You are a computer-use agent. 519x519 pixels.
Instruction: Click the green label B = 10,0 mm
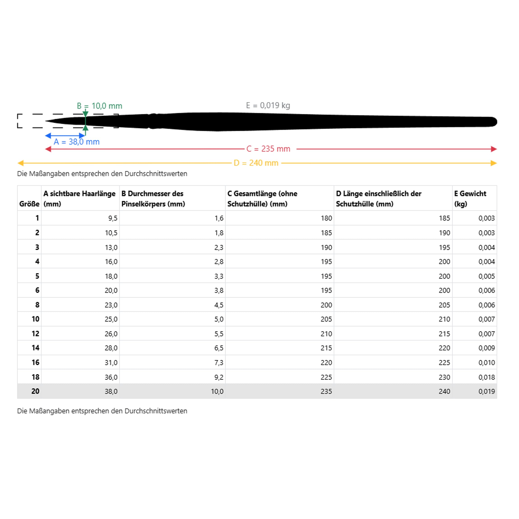pyautogui.click(x=99, y=106)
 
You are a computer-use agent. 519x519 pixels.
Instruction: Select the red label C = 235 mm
pyautogui.click(x=268, y=149)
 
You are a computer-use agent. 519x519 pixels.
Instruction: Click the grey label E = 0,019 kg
pyautogui.click(x=268, y=105)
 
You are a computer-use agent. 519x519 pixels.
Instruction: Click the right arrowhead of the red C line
pyautogui.click(x=494, y=149)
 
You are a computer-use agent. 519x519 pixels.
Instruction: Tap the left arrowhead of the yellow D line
pyautogui.click(x=20, y=163)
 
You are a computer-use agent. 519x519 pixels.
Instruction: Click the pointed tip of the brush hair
pyautogui.click(x=46, y=121)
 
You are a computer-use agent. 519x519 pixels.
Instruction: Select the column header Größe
pyautogui.click(x=29, y=204)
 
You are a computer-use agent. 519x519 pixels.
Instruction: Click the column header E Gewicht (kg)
pyautogui.click(x=470, y=199)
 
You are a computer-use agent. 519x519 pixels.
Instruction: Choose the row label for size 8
pyautogui.click(x=37, y=305)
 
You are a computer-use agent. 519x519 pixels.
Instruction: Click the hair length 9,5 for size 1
pyautogui.click(x=113, y=218)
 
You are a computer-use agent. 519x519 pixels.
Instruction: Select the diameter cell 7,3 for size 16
pyautogui.click(x=219, y=362)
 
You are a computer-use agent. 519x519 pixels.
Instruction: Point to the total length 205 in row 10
pyautogui.click(x=326, y=319)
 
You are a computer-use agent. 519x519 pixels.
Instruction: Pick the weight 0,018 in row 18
pyautogui.click(x=486, y=377)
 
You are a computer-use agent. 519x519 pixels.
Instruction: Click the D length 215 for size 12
pyautogui.click(x=444, y=334)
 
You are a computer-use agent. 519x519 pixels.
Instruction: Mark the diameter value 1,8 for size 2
pyautogui.click(x=219, y=233)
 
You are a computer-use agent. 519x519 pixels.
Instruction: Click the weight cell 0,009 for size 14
pyautogui.click(x=486, y=348)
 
